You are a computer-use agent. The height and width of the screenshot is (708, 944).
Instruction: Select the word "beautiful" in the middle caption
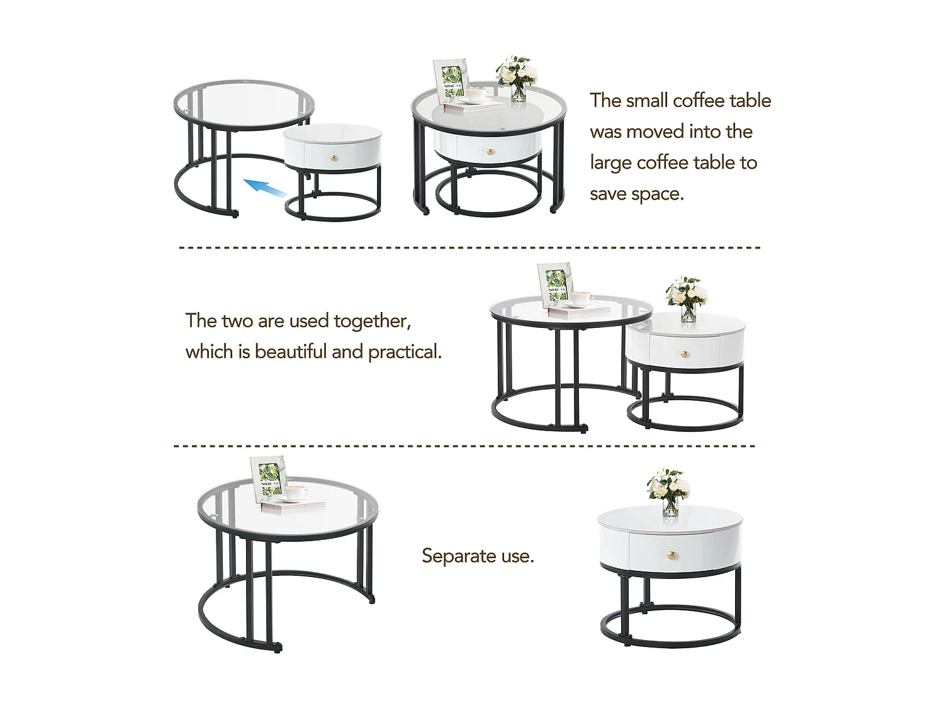coord(291,352)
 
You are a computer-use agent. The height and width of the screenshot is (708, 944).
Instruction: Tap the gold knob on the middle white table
coord(687,354)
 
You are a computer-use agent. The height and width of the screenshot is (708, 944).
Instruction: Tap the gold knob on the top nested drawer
coord(488,150)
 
